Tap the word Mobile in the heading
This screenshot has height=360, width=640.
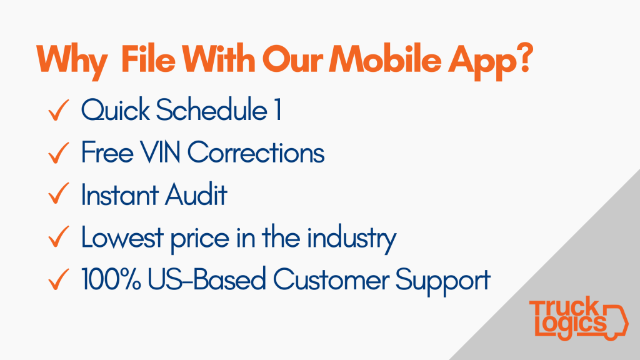click(385, 58)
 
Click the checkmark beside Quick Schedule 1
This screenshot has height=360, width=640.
click(58, 110)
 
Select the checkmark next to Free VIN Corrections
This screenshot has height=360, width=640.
click(58, 152)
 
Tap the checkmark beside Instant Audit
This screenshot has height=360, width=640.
click(58, 194)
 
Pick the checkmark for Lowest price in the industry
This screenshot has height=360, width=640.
click(58, 237)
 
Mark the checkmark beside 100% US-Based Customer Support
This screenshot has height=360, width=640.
click(58, 279)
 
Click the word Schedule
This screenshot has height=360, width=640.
click(211, 109)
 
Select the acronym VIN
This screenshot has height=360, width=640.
click(161, 152)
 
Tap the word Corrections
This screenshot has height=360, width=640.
click(256, 152)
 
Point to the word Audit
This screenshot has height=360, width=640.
click(196, 194)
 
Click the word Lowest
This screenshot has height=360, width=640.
click(122, 237)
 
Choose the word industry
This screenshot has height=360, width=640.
click(351, 238)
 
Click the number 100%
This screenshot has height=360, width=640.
click(111, 279)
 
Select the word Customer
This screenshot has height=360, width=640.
click(331, 279)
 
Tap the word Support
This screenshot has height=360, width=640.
click(443, 281)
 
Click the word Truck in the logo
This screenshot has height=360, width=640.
click(564, 308)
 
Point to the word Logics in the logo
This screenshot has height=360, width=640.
click(571, 325)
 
